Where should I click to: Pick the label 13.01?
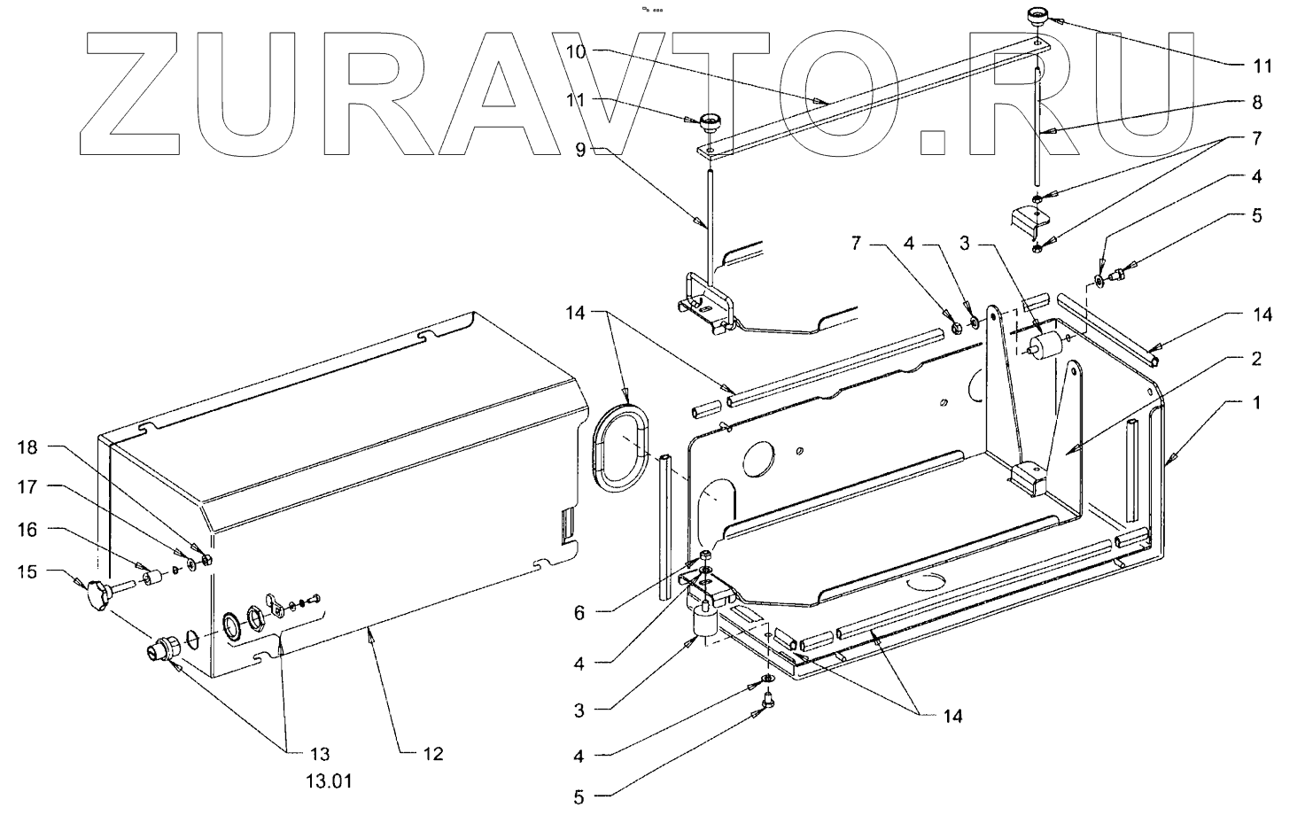319,782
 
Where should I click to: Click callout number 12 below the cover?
433,754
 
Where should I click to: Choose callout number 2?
1256,359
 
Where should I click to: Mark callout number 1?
1256,402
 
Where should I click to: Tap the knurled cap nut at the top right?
1038,15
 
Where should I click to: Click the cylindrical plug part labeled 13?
161,651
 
